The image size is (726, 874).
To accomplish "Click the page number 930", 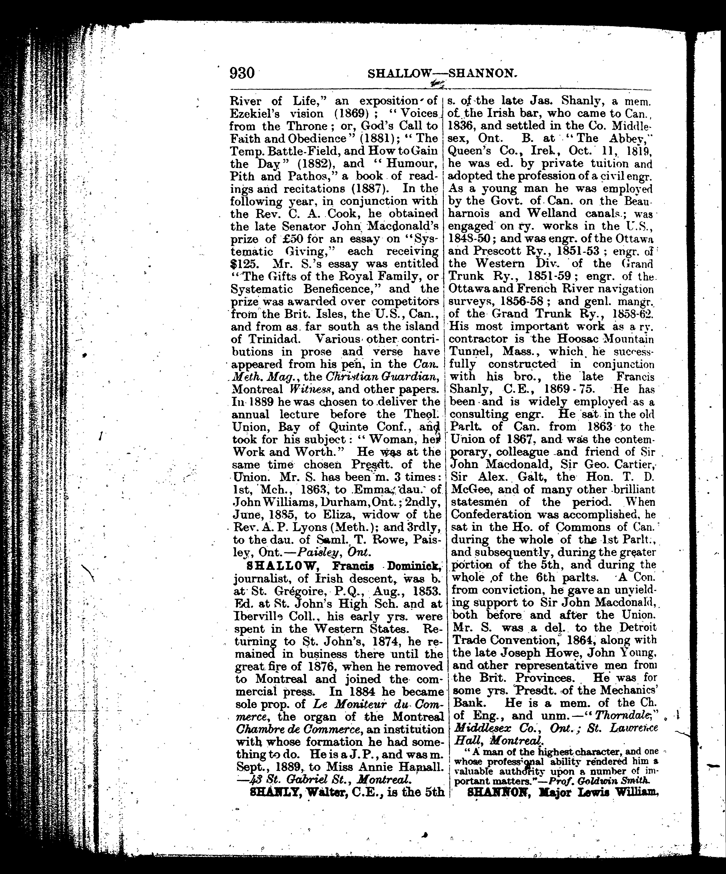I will pos(242,73).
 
